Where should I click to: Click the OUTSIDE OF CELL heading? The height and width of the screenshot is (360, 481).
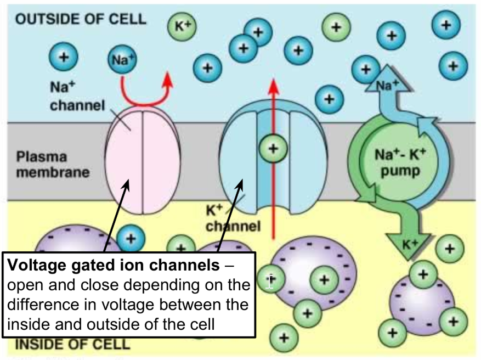point(81,19)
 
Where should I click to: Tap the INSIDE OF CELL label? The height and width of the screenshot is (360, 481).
point(72,345)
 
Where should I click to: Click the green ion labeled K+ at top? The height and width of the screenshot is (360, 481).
point(183,25)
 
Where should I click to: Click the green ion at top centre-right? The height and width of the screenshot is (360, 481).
point(336,26)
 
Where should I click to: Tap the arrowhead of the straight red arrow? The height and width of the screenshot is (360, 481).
point(273,86)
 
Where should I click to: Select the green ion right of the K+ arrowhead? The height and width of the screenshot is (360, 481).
point(449,249)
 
